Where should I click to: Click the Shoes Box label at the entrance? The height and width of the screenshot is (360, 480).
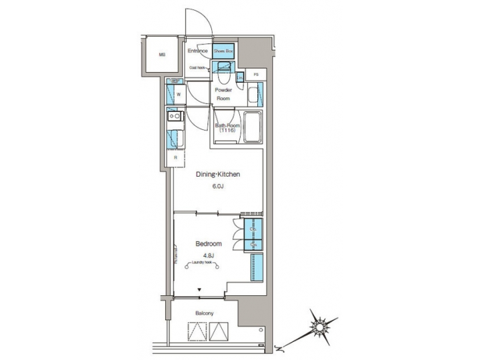click(224, 51)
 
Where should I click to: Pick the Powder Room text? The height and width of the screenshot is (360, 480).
click(223, 93)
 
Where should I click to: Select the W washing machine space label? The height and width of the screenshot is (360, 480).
click(178, 95)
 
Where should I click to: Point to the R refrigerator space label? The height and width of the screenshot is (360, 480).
click(175, 157)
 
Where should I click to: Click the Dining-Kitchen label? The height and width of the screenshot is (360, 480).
click(217, 175)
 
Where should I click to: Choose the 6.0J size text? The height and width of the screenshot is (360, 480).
click(217, 187)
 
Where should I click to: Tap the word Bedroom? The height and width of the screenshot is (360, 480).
click(208, 244)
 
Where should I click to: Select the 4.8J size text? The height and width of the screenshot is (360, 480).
click(208, 254)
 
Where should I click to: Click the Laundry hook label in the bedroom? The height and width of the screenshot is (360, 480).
click(203, 263)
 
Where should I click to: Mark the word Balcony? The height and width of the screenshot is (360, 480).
click(204, 313)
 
